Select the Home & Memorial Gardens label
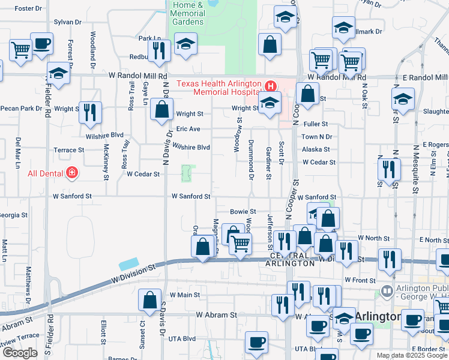[x=188, y=13]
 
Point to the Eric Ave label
[x=188, y=129]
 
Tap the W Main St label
[x=184, y=295]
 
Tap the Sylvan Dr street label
[x=67, y=22]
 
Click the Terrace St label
[x=68, y=150]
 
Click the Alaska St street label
[x=316, y=149]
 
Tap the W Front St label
[x=360, y=280]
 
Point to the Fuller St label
[x=315, y=124]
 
